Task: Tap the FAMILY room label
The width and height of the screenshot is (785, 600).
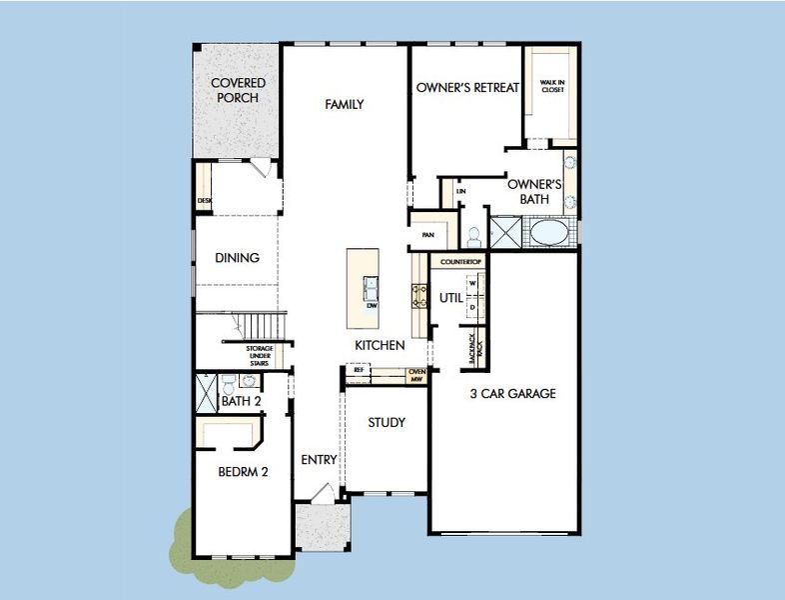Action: pos(344,104)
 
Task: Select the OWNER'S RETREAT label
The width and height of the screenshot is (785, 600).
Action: pos(467,87)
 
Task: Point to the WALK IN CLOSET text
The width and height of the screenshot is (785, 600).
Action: pos(552,86)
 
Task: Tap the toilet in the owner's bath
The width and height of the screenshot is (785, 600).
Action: pos(473,235)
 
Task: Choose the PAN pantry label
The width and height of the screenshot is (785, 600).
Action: pos(428,235)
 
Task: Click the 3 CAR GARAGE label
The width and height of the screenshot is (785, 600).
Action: pos(512,394)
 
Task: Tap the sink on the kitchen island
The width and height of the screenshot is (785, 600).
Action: pos(371,288)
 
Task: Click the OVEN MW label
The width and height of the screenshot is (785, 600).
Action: pos(416,376)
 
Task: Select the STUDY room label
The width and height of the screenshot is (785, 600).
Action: pos(386,423)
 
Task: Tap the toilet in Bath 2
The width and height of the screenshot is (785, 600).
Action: pos(229,382)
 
